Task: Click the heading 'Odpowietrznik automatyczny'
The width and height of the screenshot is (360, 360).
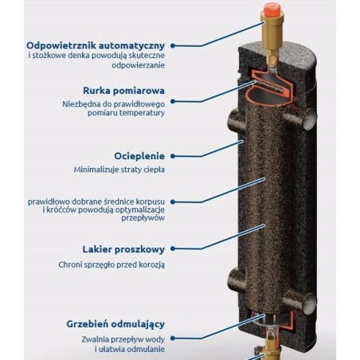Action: pyautogui.click(x=96, y=45)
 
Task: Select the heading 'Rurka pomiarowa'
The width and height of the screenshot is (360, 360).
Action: pyautogui.click(x=123, y=91)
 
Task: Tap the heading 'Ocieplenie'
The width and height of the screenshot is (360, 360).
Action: pyautogui.click(x=139, y=156)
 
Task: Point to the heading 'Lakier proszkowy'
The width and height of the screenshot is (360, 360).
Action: pyautogui.click(x=123, y=249)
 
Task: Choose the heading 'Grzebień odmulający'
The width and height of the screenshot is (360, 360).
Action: pyautogui.click(x=115, y=324)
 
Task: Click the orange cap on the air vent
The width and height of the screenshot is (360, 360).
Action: pyautogui.click(x=272, y=10)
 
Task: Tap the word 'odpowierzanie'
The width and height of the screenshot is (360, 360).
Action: pyautogui.click(x=138, y=65)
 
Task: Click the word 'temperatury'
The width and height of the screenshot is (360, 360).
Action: pyautogui.click(x=142, y=113)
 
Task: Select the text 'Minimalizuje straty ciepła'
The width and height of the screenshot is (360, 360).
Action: pyautogui.click(x=119, y=170)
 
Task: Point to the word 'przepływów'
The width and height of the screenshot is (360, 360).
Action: pyautogui.click(x=143, y=218)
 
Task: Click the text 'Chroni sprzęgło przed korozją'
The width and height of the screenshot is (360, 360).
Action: pyautogui.click(x=112, y=264)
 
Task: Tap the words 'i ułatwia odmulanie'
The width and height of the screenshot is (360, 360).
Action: pyautogui.click(x=130, y=349)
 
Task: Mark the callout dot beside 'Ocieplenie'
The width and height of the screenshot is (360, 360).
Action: pyautogui.click(x=173, y=156)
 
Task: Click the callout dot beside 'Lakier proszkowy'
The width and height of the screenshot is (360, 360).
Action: pyautogui.click(x=173, y=248)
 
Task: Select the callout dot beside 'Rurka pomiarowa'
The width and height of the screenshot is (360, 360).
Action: pyautogui.click(x=173, y=101)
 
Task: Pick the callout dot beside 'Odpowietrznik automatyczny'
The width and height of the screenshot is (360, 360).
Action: pyautogui.click(x=173, y=45)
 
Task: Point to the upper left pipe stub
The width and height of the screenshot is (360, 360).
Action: pyautogui.click(x=237, y=121)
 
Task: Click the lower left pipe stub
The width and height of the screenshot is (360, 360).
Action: pyautogui.click(x=237, y=280)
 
